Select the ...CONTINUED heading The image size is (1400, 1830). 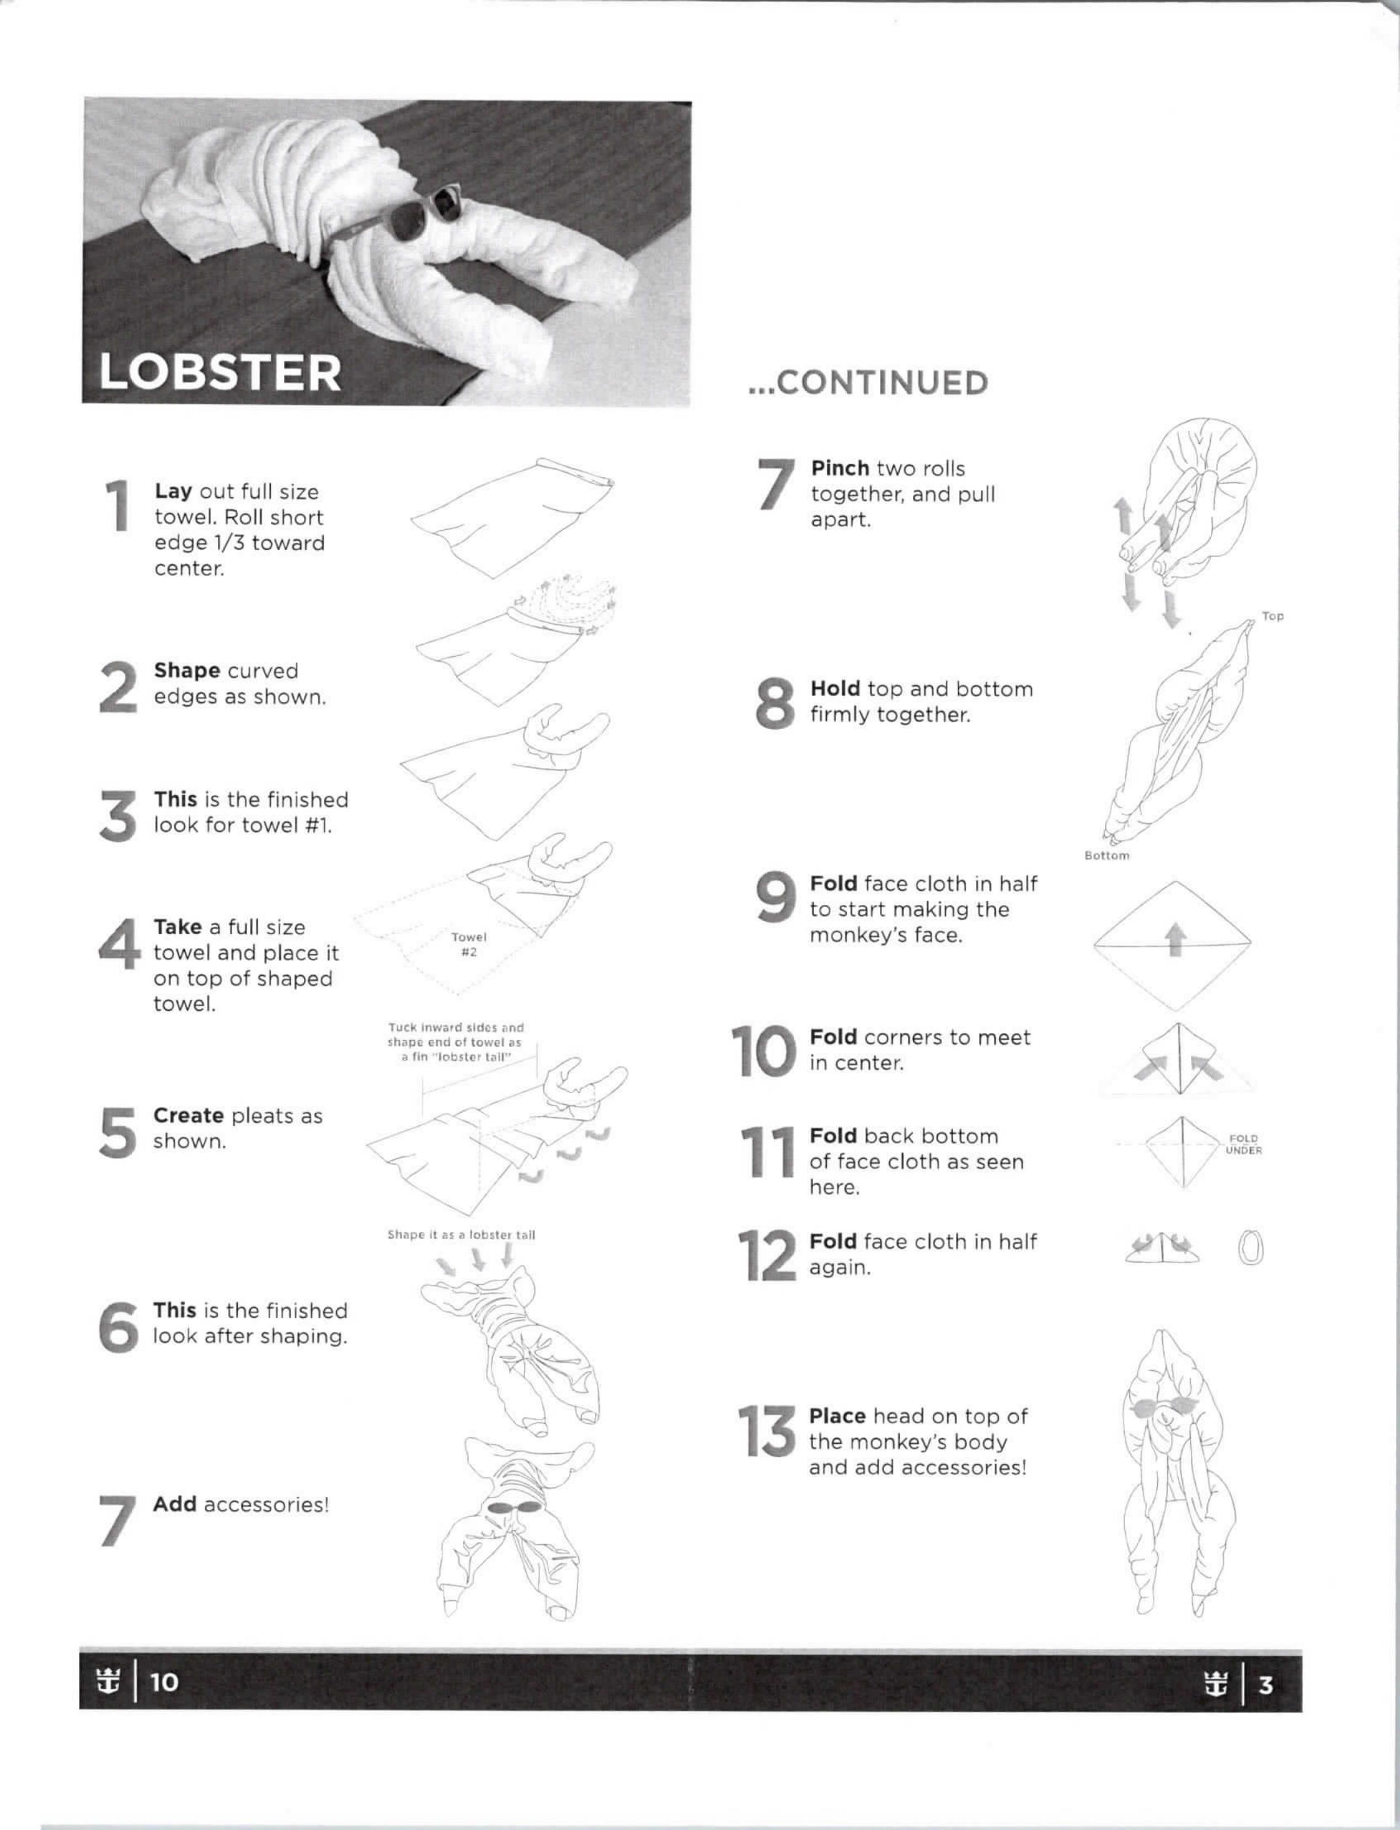point(868,382)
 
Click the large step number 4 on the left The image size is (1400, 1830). point(119,944)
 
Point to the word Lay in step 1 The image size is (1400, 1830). point(173,492)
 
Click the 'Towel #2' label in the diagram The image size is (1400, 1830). point(468,944)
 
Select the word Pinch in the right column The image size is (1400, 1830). point(840,468)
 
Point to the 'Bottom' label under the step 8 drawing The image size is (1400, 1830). point(1107,855)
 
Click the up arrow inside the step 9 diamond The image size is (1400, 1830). point(1174,938)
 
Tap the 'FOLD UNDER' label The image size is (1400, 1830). point(1243,1144)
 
